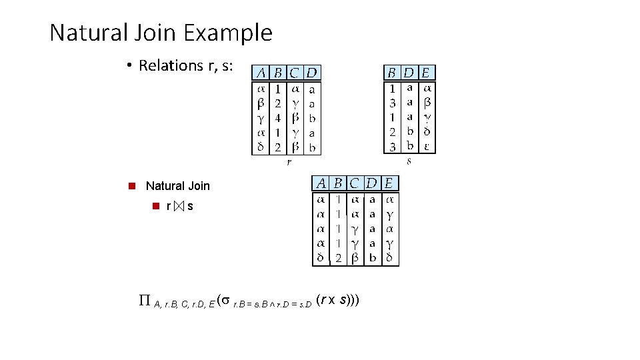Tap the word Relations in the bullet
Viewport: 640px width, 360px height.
170,65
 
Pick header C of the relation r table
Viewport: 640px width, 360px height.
295,72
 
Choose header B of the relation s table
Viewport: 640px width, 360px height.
392,72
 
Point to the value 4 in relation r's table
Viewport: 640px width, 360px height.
278,118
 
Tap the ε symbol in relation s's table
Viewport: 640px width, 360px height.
427,147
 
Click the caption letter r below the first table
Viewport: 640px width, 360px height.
289,161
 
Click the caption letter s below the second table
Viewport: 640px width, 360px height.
409,161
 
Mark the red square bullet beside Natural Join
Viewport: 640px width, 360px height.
132,186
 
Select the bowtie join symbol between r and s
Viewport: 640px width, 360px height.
177,207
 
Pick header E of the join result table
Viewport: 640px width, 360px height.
389,183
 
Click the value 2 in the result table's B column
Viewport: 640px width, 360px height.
339,258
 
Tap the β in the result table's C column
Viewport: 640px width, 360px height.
355,258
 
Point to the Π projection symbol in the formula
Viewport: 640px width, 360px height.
143,301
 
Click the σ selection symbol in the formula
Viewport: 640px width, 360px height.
226,301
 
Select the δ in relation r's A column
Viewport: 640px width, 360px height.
261,147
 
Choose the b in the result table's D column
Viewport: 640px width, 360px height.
373,258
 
